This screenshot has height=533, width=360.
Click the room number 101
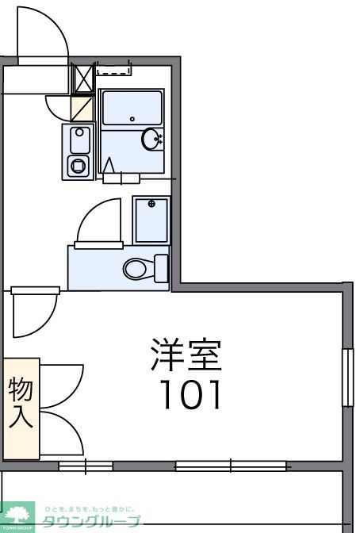190,394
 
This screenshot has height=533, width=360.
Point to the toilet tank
162,267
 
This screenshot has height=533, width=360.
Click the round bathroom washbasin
151,140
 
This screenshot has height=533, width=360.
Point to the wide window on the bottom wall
231,466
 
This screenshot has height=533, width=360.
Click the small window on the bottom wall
86,466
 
